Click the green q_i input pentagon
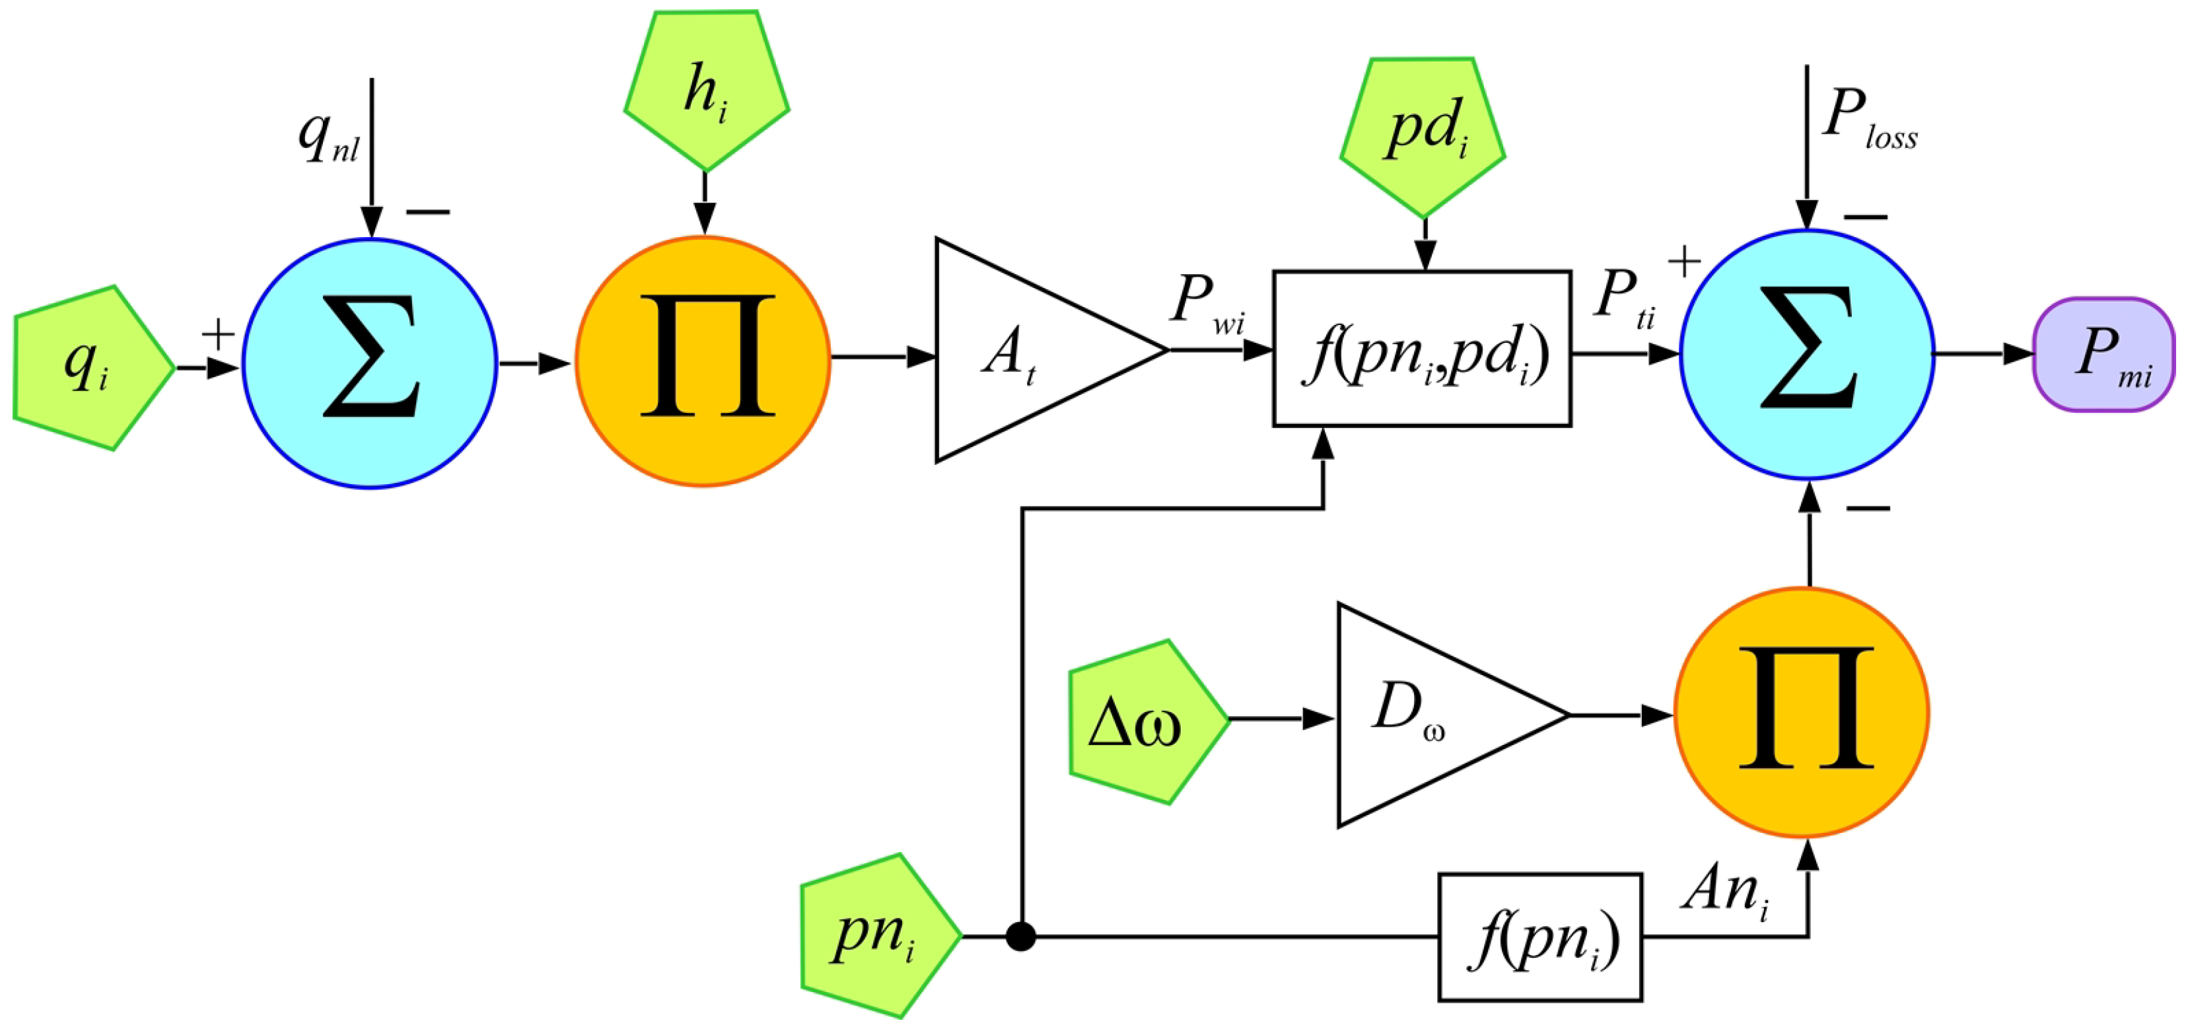(89, 368)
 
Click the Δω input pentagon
(1143, 721)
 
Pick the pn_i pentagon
(875, 935)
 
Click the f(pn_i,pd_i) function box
(1422, 348)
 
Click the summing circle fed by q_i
(371, 363)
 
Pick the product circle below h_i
(703, 361)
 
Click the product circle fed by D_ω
(1802, 712)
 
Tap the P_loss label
(1868, 119)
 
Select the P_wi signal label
(1206, 303)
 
